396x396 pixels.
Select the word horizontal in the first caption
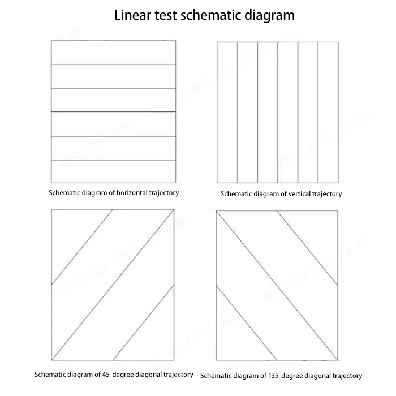(x=131, y=192)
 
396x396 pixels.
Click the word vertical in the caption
(x=296, y=194)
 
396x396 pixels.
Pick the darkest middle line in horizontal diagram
(x=113, y=113)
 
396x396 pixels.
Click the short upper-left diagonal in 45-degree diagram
(x=82, y=247)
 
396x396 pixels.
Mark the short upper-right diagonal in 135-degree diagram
(x=308, y=247)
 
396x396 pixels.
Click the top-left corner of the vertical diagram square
(x=217, y=42)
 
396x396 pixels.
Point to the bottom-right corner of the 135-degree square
(x=338, y=360)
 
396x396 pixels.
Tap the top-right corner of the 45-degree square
(x=174, y=209)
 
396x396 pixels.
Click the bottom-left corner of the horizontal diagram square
(x=51, y=182)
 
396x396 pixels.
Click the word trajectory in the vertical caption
(x=325, y=194)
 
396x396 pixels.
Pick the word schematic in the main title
(x=212, y=15)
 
